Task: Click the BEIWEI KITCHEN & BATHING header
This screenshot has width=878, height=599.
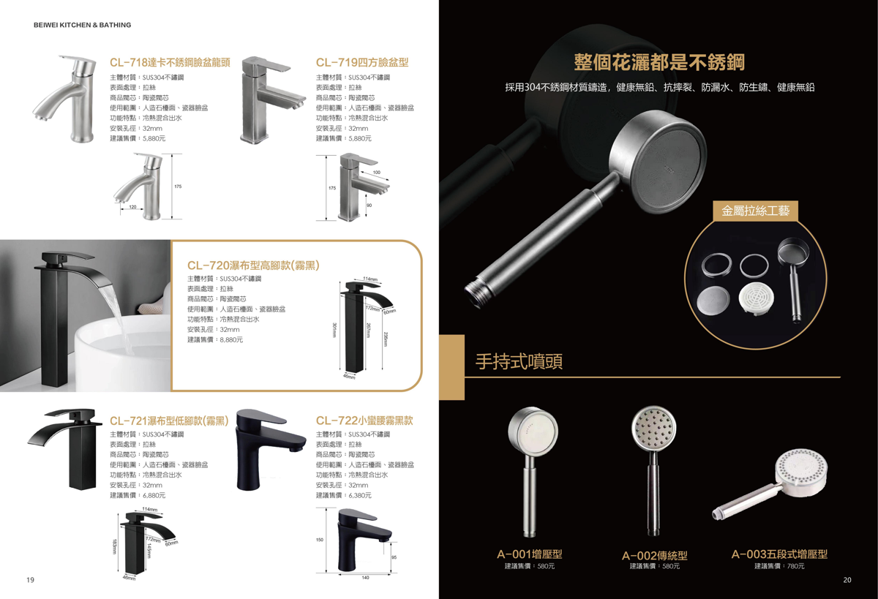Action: [x=82, y=25]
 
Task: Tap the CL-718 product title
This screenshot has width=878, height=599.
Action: [x=170, y=63]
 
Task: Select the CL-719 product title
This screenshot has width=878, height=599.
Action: [x=362, y=63]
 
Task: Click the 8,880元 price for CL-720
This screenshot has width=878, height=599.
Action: [x=231, y=339]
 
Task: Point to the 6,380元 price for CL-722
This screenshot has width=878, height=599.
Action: [x=360, y=495]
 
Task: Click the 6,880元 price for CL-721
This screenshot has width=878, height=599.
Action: [x=154, y=495]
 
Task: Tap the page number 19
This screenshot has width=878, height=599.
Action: [x=30, y=580]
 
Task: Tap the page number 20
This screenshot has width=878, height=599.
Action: [x=847, y=580]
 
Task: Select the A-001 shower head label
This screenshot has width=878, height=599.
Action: [x=530, y=554]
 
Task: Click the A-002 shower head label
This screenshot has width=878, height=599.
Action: [x=655, y=556]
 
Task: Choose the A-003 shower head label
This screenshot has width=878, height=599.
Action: [x=779, y=554]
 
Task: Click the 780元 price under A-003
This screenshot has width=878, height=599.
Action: [x=795, y=566]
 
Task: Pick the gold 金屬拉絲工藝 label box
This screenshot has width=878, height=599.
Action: [x=755, y=211]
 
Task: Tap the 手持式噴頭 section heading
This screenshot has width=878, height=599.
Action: [x=519, y=361]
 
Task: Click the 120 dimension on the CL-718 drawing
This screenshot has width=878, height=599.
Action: [x=132, y=207]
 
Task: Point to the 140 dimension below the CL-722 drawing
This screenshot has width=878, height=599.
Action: [x=365, y=578]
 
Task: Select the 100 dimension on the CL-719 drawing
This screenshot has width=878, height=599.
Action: [x=376, y=173]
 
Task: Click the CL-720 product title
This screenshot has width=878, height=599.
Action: [x=253, y=265]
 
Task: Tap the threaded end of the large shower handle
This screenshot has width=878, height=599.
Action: [x=475, y=294]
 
